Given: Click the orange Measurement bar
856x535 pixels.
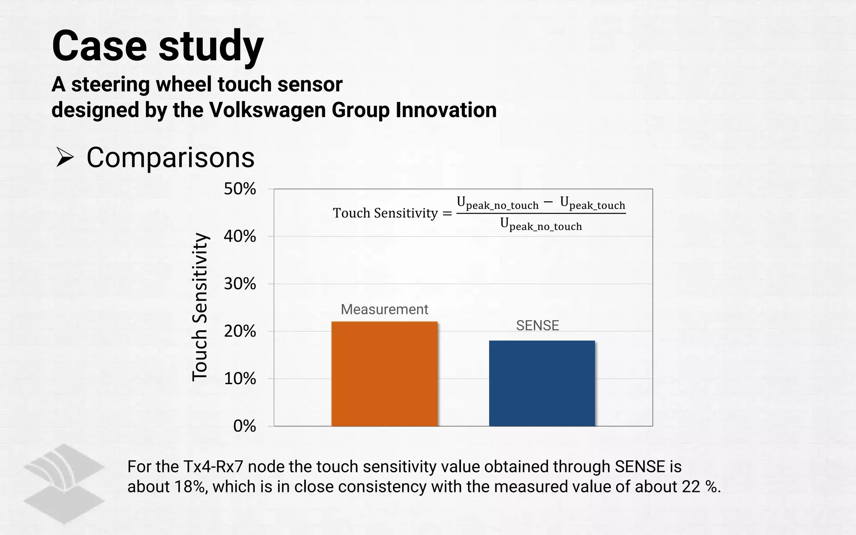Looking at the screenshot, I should (385, 374).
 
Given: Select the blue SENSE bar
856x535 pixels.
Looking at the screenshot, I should (542, 383).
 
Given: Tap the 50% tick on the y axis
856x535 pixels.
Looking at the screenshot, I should (240, 189).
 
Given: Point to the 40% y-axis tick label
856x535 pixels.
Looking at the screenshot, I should (240, 237).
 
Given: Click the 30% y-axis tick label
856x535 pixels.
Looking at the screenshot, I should (240, 284).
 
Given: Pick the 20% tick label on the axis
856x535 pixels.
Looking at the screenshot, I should (240, 331).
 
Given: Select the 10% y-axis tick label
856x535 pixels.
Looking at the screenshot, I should (240, 379).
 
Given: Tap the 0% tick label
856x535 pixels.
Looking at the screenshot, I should (245, 426).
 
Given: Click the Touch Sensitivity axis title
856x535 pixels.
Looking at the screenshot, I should (200, 307).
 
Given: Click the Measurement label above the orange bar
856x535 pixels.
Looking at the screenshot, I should (384, 309).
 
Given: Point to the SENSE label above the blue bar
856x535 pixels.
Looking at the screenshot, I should (537, 326).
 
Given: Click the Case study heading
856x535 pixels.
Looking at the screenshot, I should (158, 46).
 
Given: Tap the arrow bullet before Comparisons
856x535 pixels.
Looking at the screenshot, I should (65, 158).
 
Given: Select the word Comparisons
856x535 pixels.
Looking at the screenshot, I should (171, 158).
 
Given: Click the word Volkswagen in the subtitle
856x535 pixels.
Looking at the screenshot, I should (267, 110).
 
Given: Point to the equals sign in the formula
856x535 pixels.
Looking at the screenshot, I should (447, 214).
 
